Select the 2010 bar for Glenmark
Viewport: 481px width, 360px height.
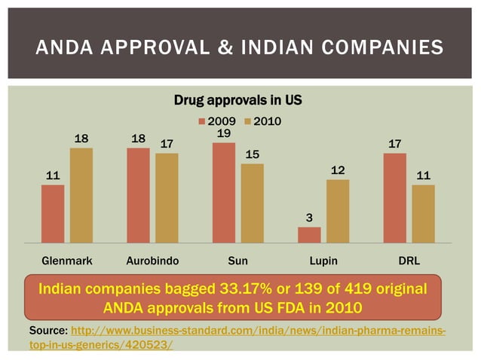point(81,195)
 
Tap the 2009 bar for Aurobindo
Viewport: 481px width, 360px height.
point(138,195)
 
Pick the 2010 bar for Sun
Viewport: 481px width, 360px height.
point(252,203)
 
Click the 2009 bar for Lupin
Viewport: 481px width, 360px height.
point(309,234)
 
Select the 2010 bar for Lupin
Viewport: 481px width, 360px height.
point(338,211)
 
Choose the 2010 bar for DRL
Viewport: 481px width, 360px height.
point(423,214)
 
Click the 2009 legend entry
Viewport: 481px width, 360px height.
point(217,121)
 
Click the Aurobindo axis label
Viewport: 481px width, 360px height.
point(152,261)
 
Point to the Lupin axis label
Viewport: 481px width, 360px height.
point(323,261)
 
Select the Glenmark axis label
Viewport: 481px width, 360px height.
point(66,261)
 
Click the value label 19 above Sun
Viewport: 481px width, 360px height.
point(223,133)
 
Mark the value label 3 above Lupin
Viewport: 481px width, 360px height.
point(309,218)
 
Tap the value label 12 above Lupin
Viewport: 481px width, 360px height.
point(338,170)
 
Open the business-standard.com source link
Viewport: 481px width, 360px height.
point(256,332)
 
